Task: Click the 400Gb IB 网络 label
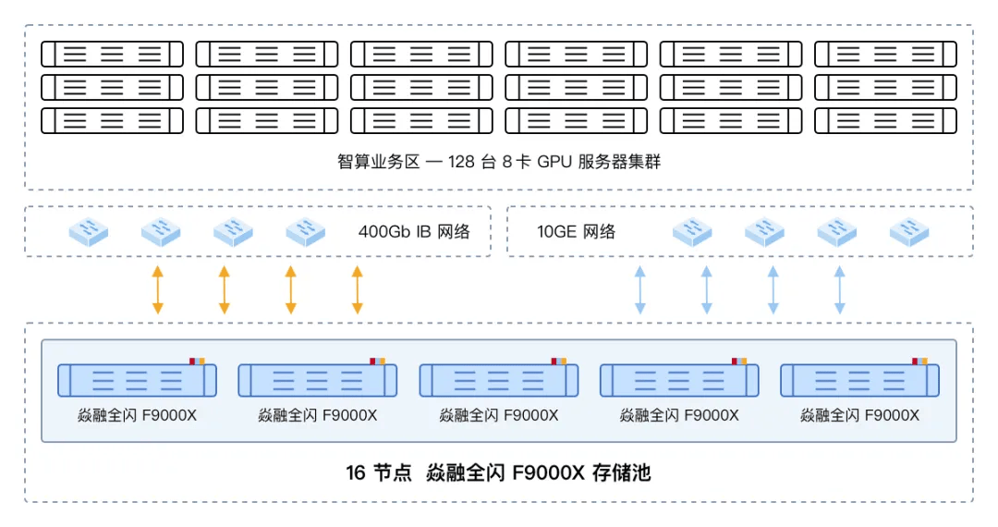[x=413, y=231]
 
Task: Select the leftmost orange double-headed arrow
[x=157, y=289]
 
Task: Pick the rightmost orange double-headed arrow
[x=358, y=289]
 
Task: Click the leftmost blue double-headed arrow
[x=639, y=289]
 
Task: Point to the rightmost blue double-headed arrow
[x=839, y=289]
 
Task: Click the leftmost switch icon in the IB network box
[x=89, y=231]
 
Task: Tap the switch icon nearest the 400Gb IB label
[x=305, y=231]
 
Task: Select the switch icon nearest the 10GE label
[x=692, y=231]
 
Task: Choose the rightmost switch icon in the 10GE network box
[x=909, y=231]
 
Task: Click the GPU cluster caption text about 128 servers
[x=499, y=162]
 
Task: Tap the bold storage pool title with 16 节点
[x=499, y=473]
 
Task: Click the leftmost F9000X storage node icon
[x=137, y=380]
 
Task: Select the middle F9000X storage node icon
[x=499, y=380]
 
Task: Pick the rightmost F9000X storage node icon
[x=860, y=380]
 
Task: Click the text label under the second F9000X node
[x=318, y=415]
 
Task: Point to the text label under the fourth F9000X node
[x=679, y=415]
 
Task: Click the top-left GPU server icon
[x=112, y=54]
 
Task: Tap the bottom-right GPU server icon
[x=885, y=120]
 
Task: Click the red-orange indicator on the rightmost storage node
[x=919, y=361]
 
